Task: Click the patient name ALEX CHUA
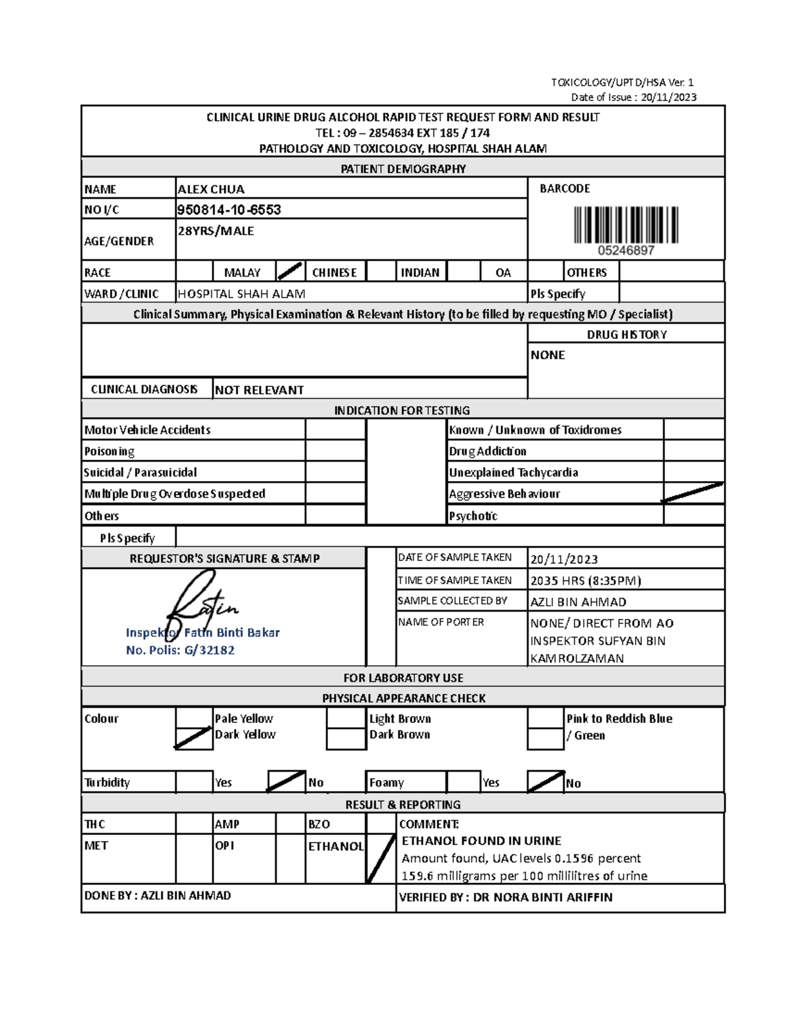pos(211,189)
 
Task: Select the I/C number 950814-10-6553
pos(229,210)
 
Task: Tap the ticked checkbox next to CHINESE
pos(290,271)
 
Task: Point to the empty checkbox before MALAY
pos(195,271)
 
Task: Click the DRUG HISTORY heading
pos(626,334)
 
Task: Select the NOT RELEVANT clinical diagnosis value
pos(259,390)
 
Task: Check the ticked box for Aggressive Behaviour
pos(693,493)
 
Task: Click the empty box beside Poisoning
pos(335,451)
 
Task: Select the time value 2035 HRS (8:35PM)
pos(585,581)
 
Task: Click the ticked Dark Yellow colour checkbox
pos(193,737)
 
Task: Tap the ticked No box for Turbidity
pos(287,781)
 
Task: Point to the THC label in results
pos(95,824)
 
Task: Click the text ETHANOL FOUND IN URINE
pos(481,841)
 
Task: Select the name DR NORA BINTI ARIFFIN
pos(542,897)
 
